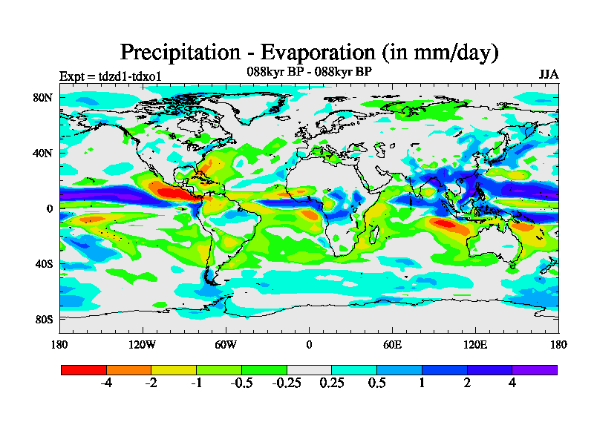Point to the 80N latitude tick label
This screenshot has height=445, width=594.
[x=43, y=97]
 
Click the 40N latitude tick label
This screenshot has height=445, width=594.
[x=43, y=153]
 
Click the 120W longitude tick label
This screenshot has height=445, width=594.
[x=143, y=344]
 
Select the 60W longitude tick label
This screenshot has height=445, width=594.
[x=226, y=344]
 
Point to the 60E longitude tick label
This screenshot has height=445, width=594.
[x=392, y=344]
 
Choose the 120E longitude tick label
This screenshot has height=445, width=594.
[x=475, y=344]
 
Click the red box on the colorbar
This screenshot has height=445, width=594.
[x=84, y=369]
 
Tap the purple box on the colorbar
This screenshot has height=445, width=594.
[x=535, y=369]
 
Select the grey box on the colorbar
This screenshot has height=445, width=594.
[x=309, y=369]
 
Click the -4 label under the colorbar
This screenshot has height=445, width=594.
[x=106, y=383]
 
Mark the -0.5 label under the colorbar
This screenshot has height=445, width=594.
[x=241, y=383]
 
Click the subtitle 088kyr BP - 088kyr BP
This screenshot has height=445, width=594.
[x=309, y=72]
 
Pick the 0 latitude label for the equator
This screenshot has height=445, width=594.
[x=50, y=208]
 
